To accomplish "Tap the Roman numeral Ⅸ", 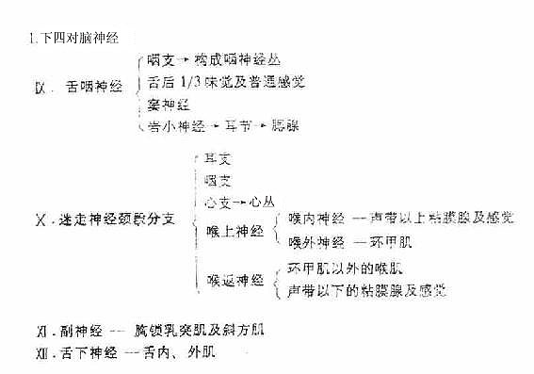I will (x=40, y=87).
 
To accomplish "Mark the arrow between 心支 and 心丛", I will (x=242, y=202).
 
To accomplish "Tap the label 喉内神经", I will (x=314, y=219).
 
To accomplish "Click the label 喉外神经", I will (x=314, y=242).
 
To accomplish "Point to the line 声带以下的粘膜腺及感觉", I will (x=367, y=290).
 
